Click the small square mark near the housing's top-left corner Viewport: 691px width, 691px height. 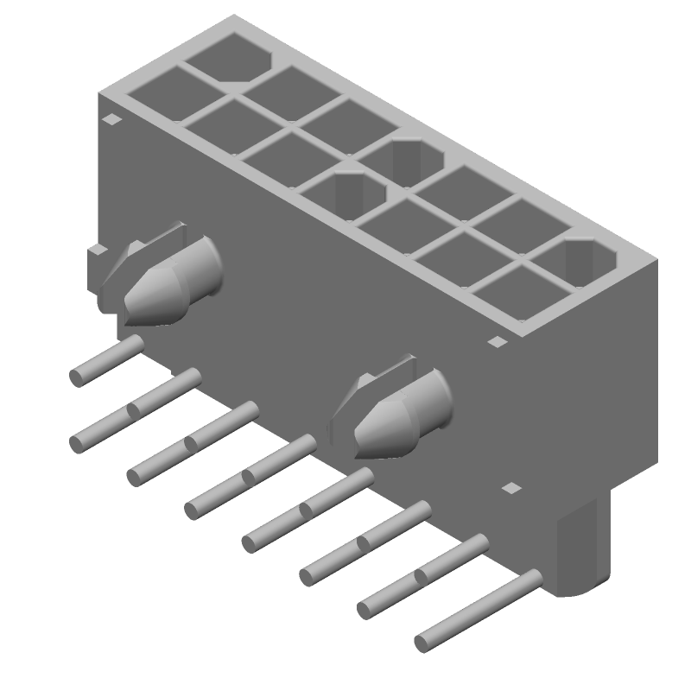[111, 120]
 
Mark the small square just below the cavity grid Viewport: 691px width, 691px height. [496, 342]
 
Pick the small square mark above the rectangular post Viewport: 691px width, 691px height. [512, 488]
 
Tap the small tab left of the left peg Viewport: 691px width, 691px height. [98, 250]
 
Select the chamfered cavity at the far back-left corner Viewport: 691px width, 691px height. [229, 55]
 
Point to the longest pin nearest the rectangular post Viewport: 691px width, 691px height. [479, 609]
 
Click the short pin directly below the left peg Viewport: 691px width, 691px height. [108, 361]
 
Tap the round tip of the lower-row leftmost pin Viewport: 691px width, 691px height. [77, 443]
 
